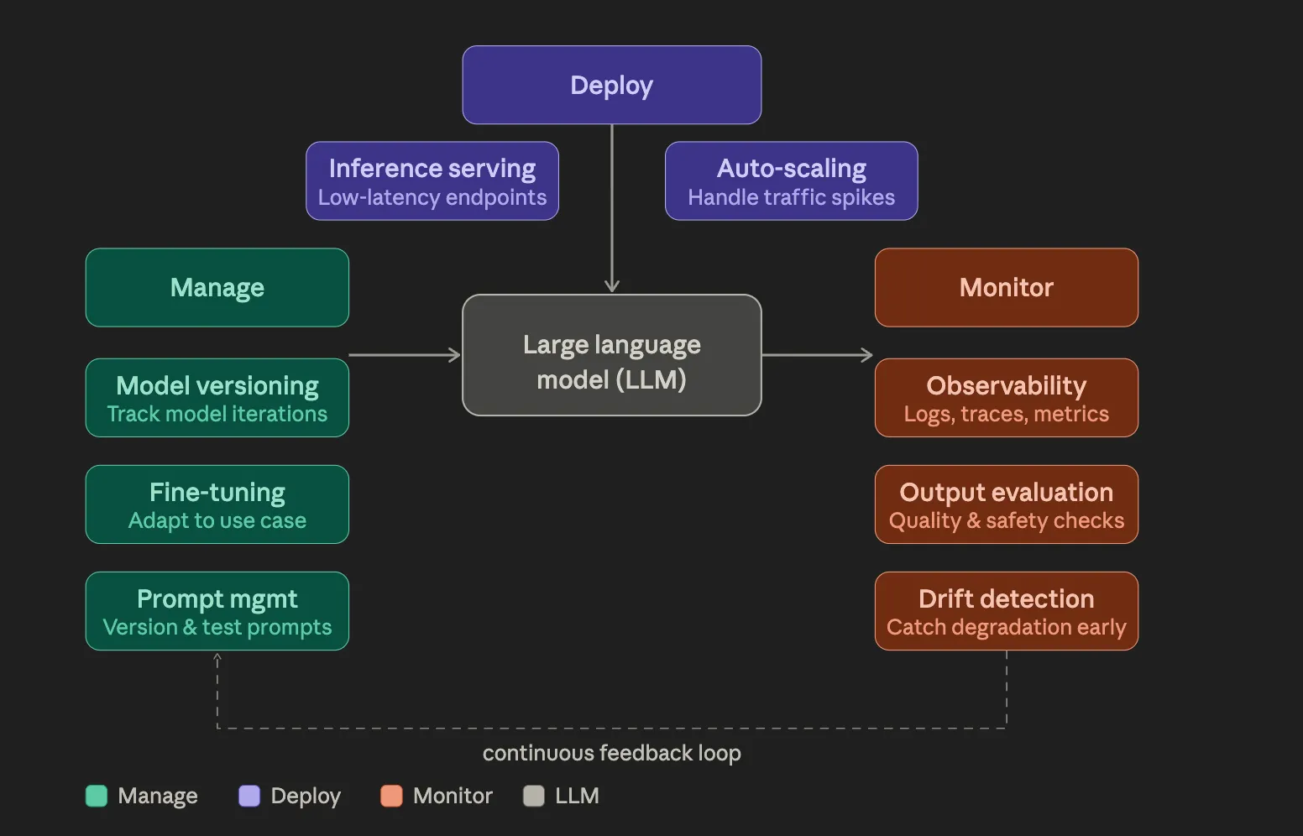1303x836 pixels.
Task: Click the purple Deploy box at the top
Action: [x=611, y=85]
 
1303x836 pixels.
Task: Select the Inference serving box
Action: [x=432, y=181]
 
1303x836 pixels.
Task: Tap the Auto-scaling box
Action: [x=791, y=181]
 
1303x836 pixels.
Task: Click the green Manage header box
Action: [x=217, y=288]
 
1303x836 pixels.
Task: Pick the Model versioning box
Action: [x=217, y=398]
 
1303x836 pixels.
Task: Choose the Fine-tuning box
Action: [x=217, y=504]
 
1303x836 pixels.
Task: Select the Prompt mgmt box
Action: [x=217, y=611]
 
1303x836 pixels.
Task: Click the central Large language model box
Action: [x=611, y=355]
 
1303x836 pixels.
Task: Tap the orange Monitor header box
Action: [x=1006, y=288]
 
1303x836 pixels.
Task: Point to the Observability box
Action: [x=1006, y=398]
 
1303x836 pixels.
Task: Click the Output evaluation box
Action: [x=1006, y=504]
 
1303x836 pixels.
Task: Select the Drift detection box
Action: [x=1006, y=611]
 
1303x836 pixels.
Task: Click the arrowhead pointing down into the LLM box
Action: [x=611, y=286]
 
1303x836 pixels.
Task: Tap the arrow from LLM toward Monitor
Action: [x=817, y=355]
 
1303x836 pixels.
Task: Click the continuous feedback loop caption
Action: [x=611, y=753]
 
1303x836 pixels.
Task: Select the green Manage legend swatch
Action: [x=97, y=796]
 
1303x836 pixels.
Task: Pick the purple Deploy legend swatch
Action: [x=249, y=796]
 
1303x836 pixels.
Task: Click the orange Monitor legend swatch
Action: [x=391, y=796]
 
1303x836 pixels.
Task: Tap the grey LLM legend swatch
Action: [x=534, y=796]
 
